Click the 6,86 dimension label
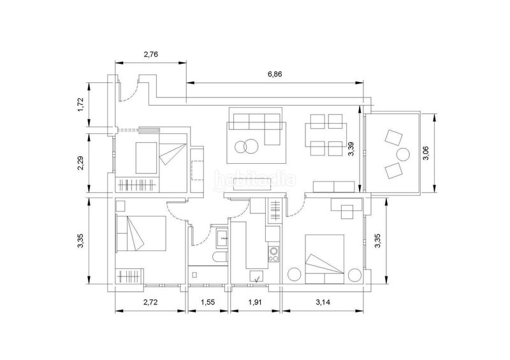(x=275, y=75)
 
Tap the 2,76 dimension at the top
(x=150, y=54)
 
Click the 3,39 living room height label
(x=351, y=148)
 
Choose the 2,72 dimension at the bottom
(x=150, y=302)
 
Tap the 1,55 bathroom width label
(x=208, y=302)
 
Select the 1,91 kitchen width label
(x=255, y=302)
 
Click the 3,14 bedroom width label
(x=323, y=302)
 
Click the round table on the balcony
(x=404, y=154)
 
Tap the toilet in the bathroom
(x=220, y=257)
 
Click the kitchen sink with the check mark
(x=257, y=277)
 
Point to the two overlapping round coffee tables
(x=245, y=147)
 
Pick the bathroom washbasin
(x=222, y=238)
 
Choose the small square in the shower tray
(x=194, y=275)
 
